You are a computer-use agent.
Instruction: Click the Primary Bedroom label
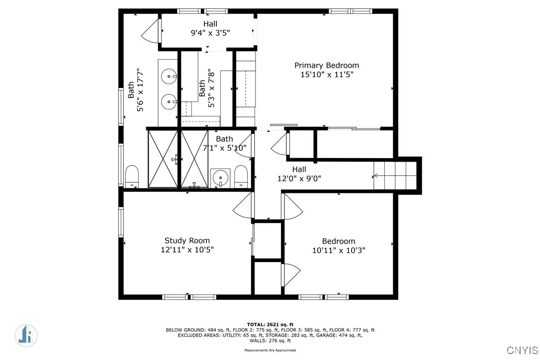pyautogui.click(x=326, y=66)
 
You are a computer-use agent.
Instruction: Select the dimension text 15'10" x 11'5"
pyautogui.click(x=326, y=75)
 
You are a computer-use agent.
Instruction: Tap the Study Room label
pyautogui.click(x=187, y=241)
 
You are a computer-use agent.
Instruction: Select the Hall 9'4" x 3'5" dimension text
pyautogui.click(x=210, y=33)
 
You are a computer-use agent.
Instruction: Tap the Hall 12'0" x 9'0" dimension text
pyautogui.click(x=299, y=179)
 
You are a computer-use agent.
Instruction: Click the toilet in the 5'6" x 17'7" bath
pyautogui.click(x=131, y=177)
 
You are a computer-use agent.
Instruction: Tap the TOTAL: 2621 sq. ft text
pyautogui.click(x=270, y=324)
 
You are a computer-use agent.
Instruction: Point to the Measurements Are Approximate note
pyautogui.click(x=270, y=350)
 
